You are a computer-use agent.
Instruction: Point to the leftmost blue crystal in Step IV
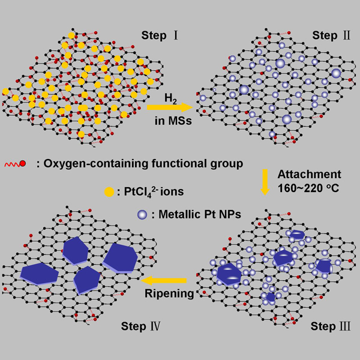pyautogui.click(x=39, y=273)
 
